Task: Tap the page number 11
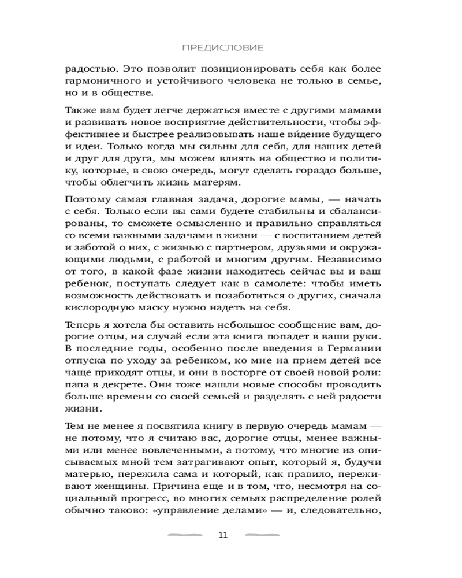pyautogui.click(x=223, y=535)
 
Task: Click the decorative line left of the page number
pyautogui.click(x=185, y=535)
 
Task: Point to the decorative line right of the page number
pyautogui.click(x=263, y=535)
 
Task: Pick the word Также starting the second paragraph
pyautogui.click(x=82, y=110)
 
